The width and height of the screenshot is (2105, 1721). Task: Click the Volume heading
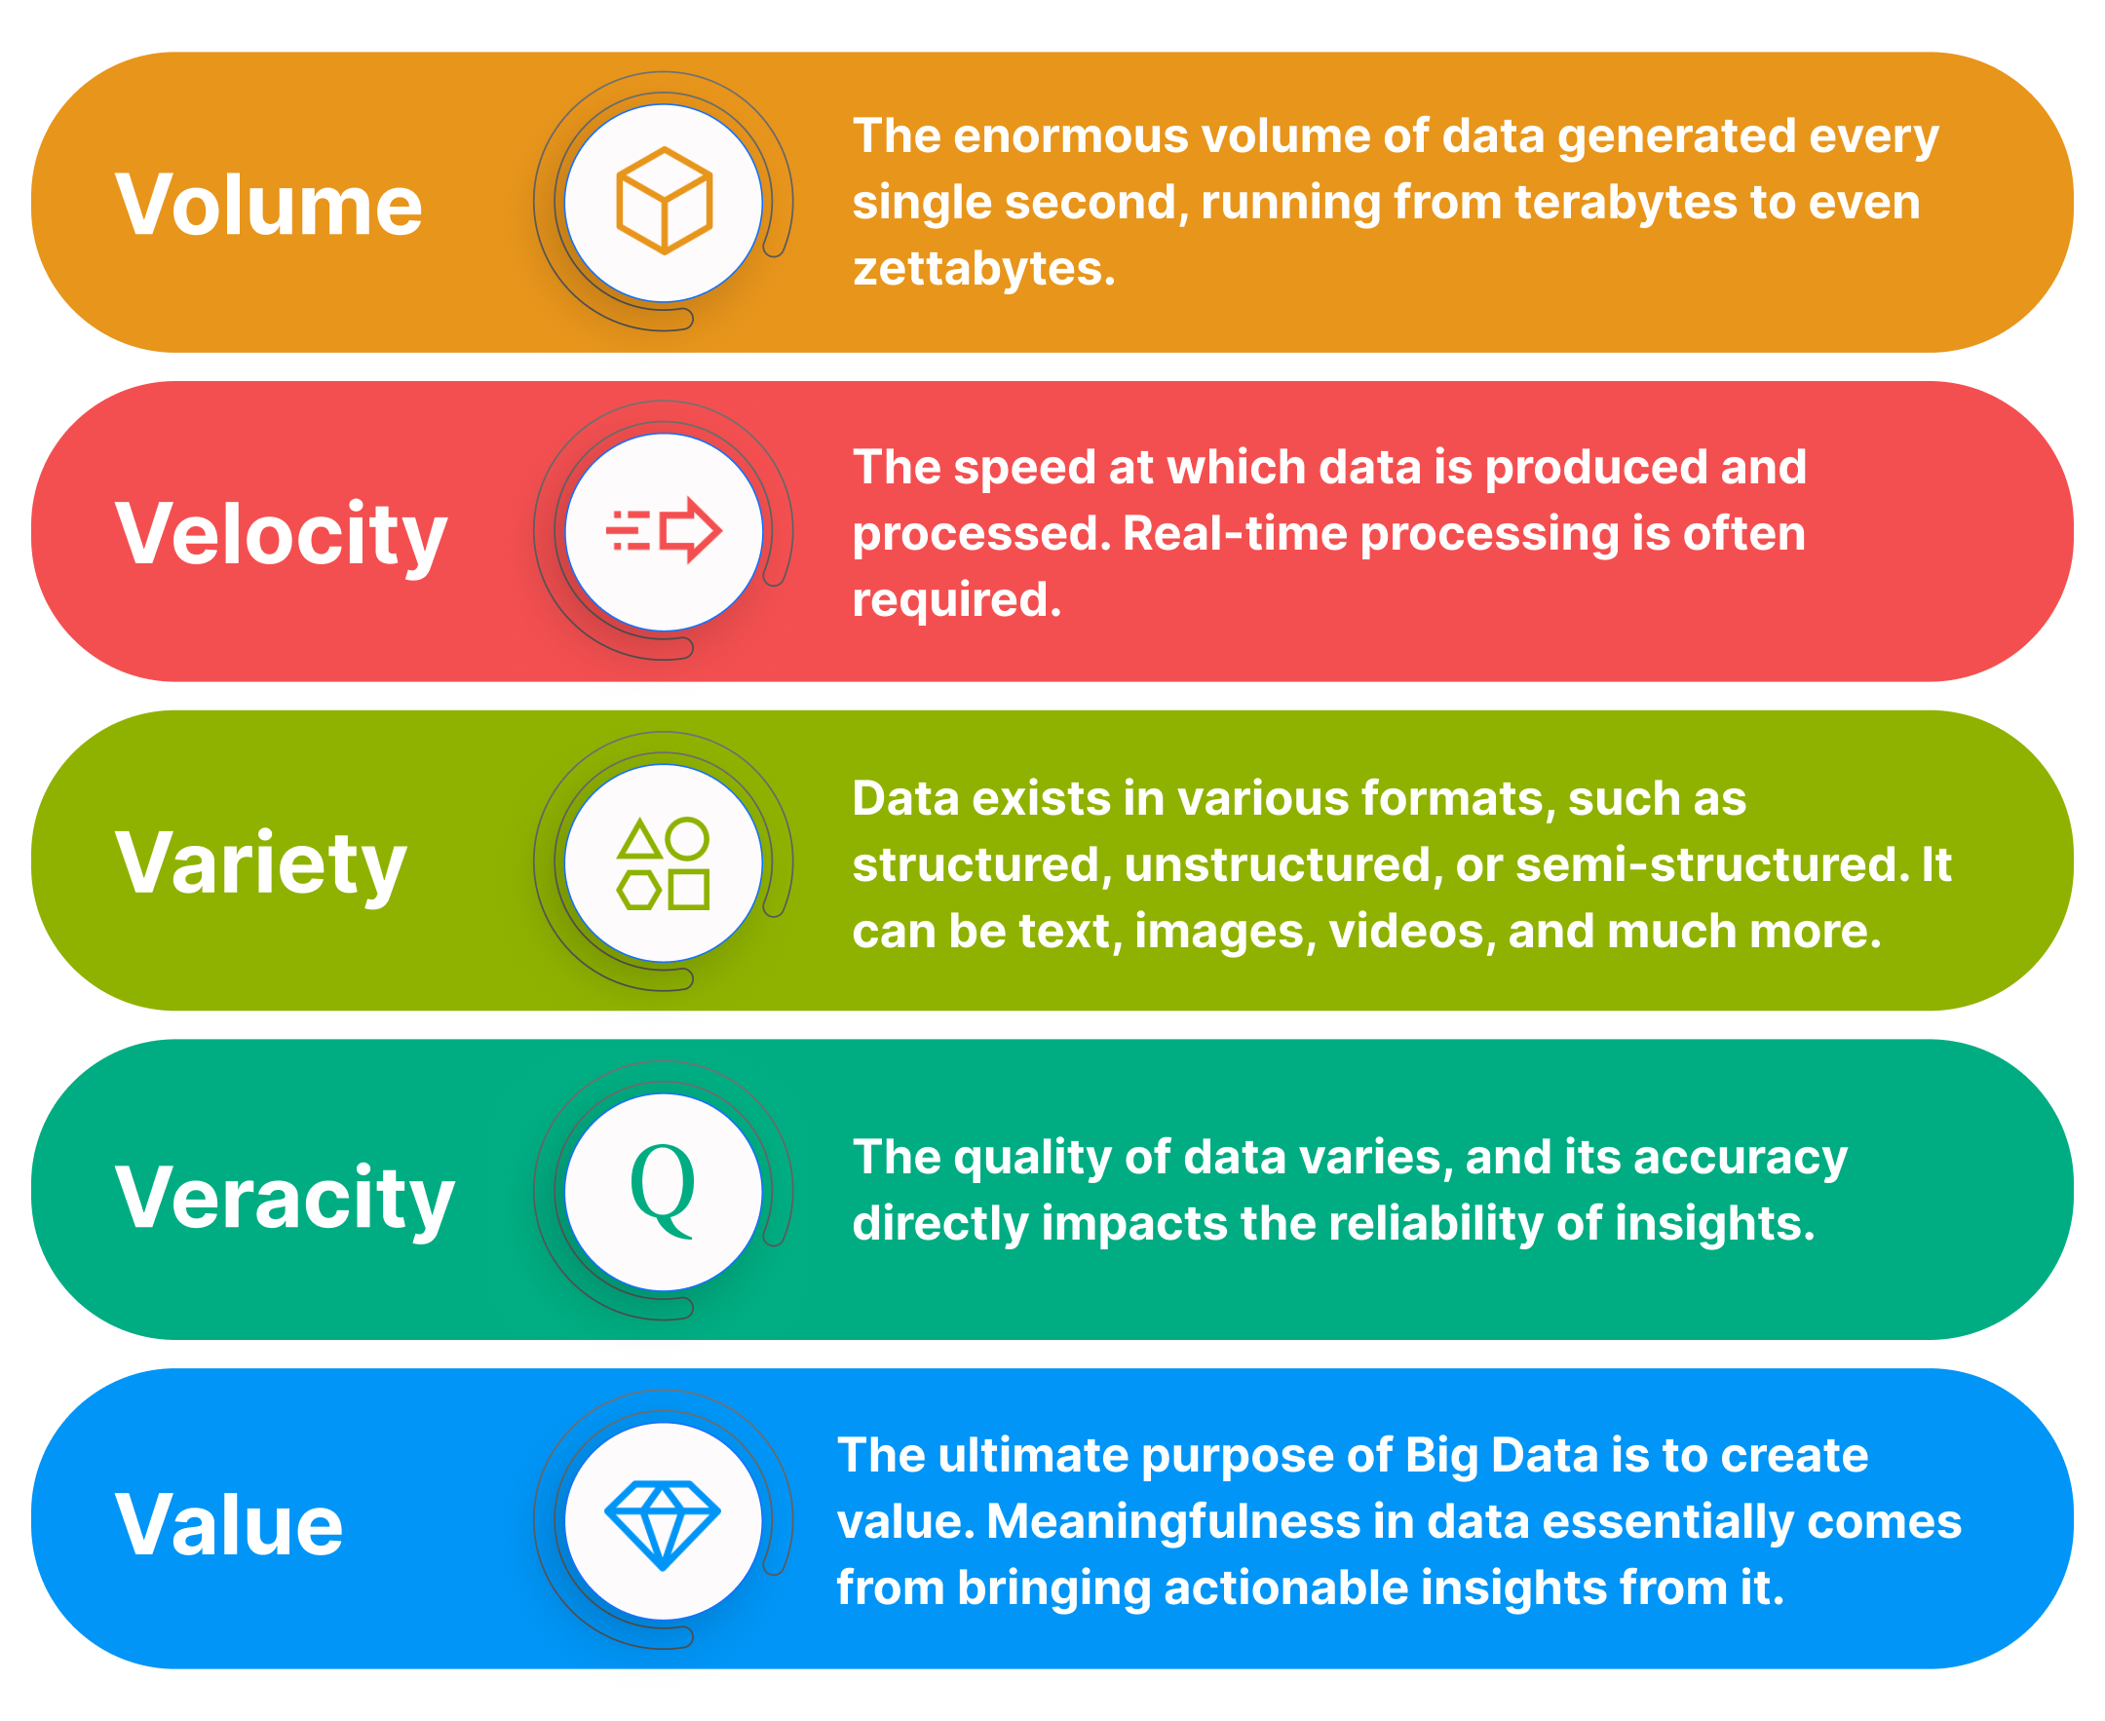click(x=269, y=206)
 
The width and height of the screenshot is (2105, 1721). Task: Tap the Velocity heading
click(x=282, y=534)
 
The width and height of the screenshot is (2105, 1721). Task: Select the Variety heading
click(x=261, y=863)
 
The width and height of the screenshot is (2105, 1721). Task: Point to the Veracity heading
click(x=285, y=1198)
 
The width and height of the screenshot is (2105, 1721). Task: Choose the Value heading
click(x=229, y=1525)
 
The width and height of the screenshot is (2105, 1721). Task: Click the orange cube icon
click(x=664, y=202)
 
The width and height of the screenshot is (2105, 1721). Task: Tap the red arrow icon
click(x=664, y=531)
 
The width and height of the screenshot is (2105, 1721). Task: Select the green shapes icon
click(x=664, y=862)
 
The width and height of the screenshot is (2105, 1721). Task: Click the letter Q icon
click(x=663, y=1190)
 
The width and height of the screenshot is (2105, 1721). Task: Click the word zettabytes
click(x=982, y=269)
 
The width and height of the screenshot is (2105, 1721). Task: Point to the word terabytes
click(x=1625, y=203)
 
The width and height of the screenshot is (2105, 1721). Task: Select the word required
click(x=956, y=600)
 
